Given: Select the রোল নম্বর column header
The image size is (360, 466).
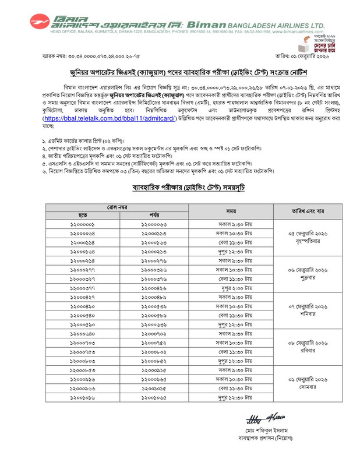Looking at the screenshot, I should click(x=120, y=207).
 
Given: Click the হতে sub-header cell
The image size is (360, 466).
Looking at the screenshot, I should click(x=83, y=215).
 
